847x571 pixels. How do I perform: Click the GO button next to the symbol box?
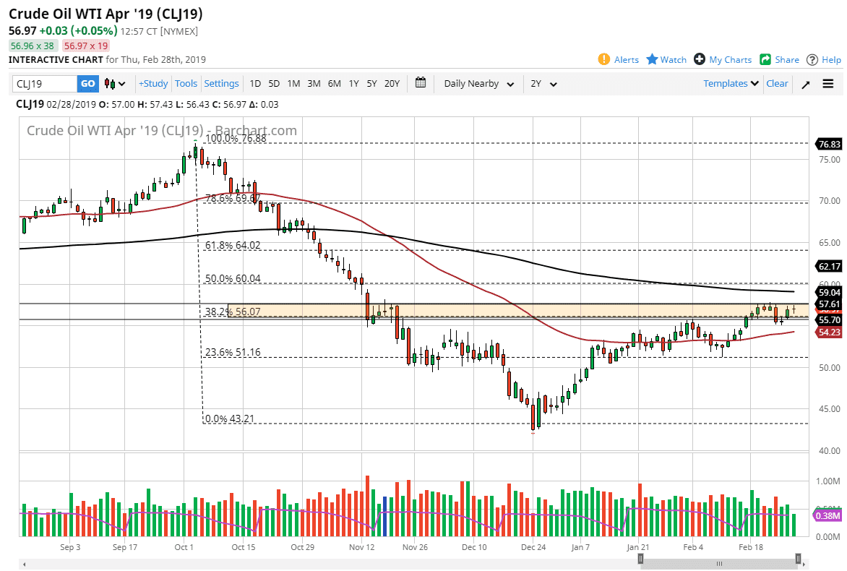pos(87,84)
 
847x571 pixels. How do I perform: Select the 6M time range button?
pos(334,84)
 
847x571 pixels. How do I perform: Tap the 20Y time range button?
pos(392,84)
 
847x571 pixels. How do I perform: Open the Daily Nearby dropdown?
pos(478,84)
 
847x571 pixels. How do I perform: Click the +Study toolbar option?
pos(153,84)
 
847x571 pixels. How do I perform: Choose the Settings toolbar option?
pos(221,84)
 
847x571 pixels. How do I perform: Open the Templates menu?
pos(731,84)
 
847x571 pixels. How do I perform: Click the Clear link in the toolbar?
pos(777,84)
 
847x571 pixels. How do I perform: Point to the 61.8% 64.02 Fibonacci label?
pos(233,246)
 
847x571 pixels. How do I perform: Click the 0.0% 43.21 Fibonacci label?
pos(230,419)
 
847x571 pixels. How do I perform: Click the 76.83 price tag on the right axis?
pos(829,145)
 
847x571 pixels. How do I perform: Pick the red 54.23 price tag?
pos(829,332)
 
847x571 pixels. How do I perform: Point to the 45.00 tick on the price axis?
pos(828,409)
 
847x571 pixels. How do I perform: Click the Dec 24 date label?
pos(533,548)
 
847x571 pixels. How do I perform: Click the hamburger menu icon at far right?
pos(828,84)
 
